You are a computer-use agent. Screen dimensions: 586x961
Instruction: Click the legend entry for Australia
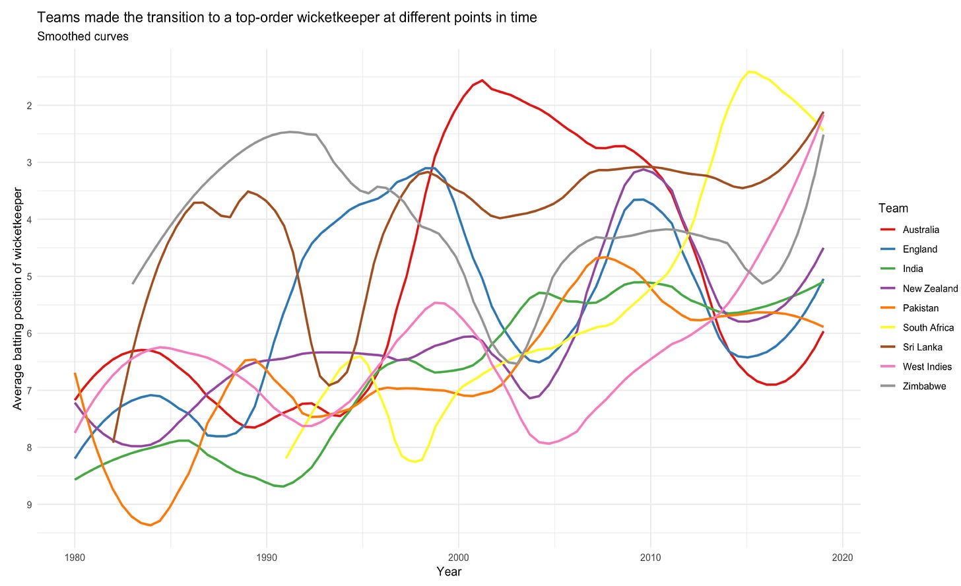[921, 230]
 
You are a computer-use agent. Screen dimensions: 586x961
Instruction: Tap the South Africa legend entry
[928, 327]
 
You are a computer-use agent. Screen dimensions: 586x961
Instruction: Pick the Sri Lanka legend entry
[922, 347]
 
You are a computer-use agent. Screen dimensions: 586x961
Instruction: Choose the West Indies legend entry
[927, 366]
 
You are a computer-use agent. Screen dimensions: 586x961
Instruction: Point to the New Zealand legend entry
[930, 288]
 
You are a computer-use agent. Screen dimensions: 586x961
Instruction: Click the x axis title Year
[449, 571]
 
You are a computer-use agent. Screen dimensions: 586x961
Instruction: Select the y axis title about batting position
[18, 298]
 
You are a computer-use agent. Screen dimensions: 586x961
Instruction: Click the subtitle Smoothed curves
[83, 37]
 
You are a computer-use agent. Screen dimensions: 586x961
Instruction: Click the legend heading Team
[893, 209]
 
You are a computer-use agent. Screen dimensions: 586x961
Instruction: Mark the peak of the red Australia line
[482, 81]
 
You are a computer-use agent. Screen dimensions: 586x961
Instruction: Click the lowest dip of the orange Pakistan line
[150, 525]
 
